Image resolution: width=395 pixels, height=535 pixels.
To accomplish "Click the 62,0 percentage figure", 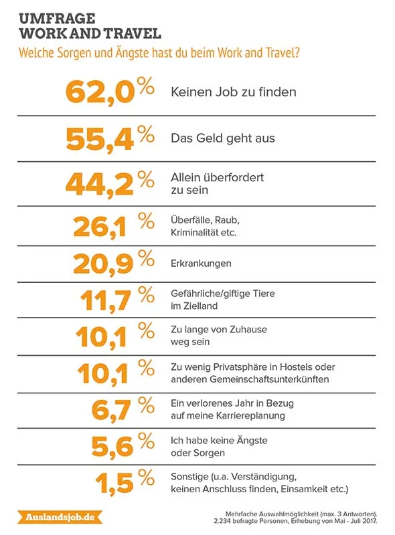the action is coord(100,92).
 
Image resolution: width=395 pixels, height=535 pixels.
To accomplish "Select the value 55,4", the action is coord(100,140).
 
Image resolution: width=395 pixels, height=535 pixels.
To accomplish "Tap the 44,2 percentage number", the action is coord(100,185).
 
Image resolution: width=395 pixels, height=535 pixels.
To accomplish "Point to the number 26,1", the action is coord(100,227).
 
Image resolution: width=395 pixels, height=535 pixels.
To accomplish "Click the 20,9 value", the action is coord(103,264).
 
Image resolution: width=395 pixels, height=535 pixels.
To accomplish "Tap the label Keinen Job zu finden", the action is coord(234,92).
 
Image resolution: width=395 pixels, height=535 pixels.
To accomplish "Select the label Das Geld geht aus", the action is coord(223,138).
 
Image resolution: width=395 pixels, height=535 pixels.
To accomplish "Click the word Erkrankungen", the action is coord(201,263).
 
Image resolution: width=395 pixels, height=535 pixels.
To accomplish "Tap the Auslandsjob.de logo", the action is coord(60,517).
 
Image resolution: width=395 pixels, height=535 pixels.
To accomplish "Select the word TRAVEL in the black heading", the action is coord(133,33).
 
